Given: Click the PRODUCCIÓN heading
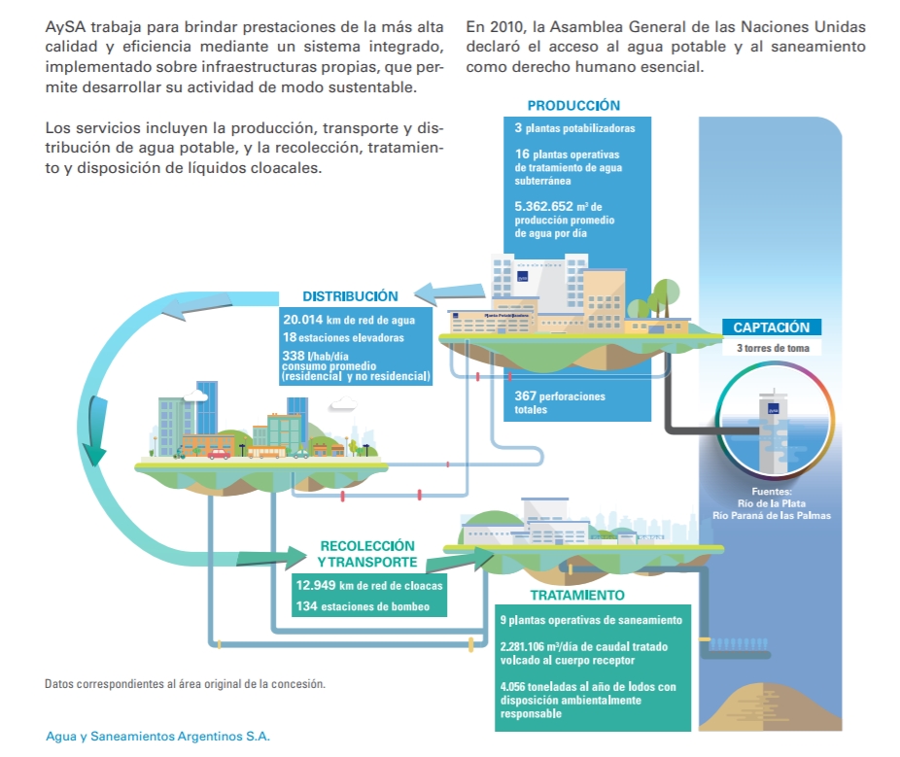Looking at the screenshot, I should [573, 105].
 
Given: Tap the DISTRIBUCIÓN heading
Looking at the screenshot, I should [350, 296].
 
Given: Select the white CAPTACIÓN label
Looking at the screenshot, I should [771, 327].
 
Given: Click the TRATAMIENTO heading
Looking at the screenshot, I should [577, 595].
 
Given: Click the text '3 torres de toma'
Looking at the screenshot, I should [771, 348].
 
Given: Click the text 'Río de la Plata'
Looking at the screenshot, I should [771, 503].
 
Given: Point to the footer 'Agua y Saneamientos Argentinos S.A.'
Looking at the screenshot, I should [157, 736].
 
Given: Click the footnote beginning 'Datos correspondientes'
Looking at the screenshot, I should [185, 684].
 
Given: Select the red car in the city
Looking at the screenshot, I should [219, 453].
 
